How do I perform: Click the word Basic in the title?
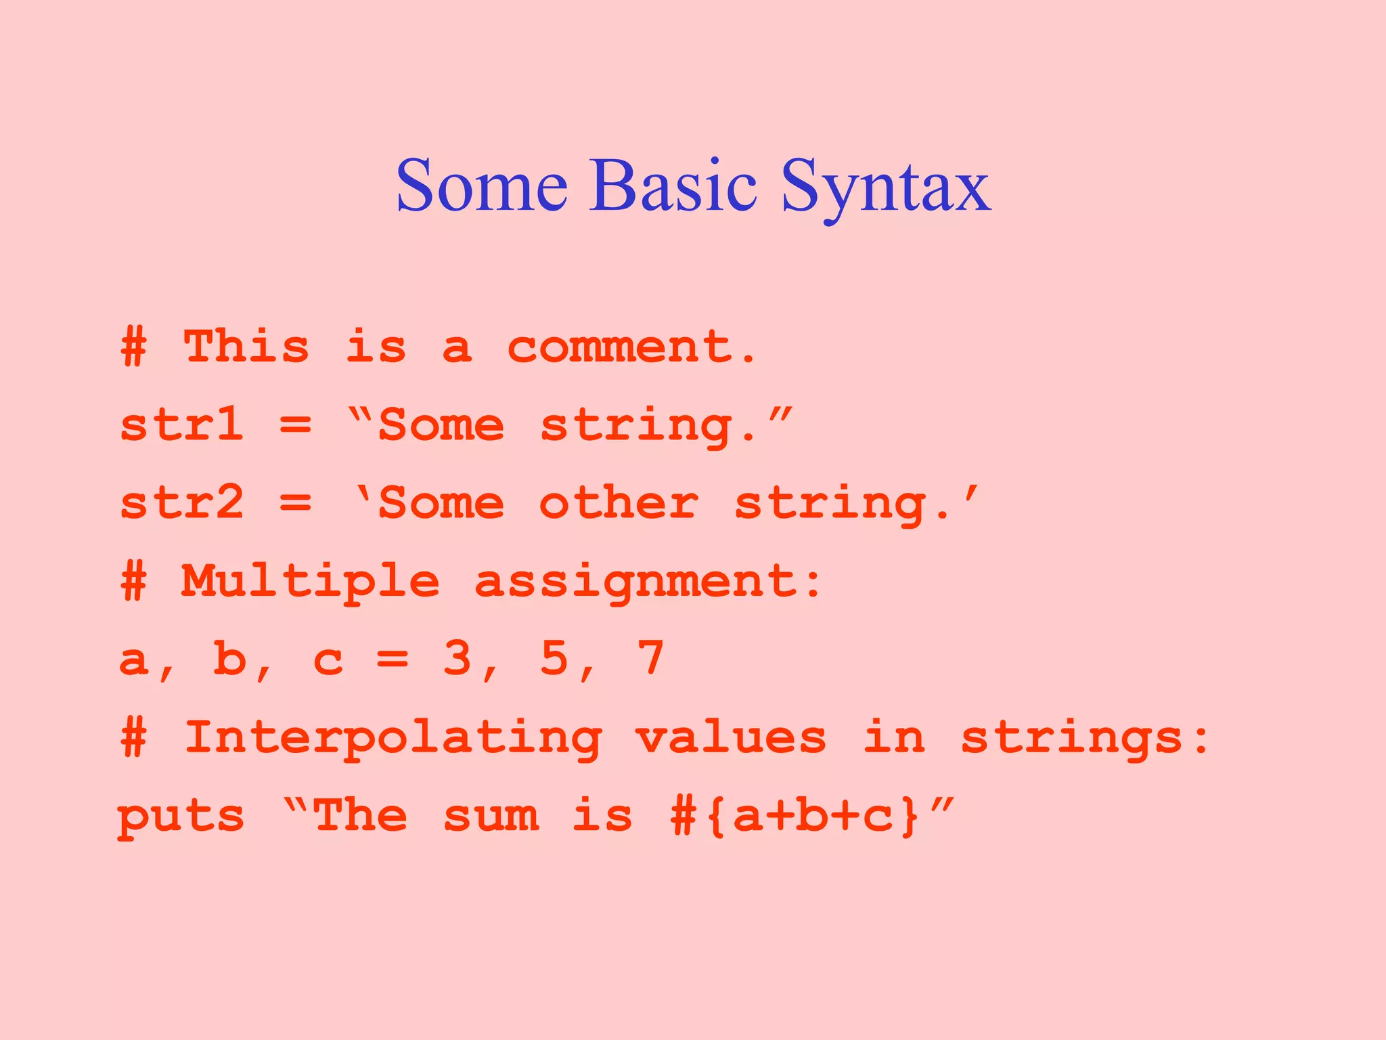(673, 186)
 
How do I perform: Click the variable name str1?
(181, 425)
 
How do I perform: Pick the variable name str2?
(181, 503)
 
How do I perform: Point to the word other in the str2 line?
(619, 503)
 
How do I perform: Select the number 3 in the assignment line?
(457, 659)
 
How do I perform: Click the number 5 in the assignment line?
(554, 659)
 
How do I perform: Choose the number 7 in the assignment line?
(650, 659)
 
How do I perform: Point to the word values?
(731, 737)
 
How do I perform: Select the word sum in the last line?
(491, 816)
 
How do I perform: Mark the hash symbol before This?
(133, 347)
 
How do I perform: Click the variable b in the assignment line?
(229, 659)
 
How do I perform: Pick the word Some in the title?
(482, 186)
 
